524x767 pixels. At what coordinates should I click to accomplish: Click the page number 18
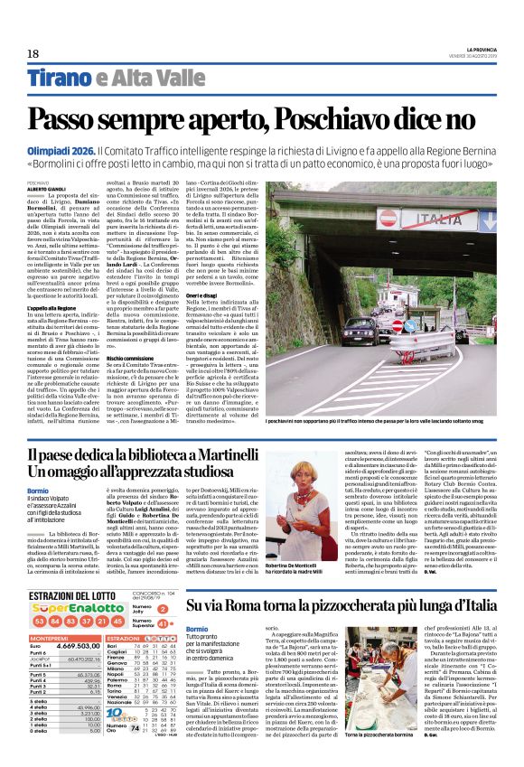[x=33, y=55]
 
